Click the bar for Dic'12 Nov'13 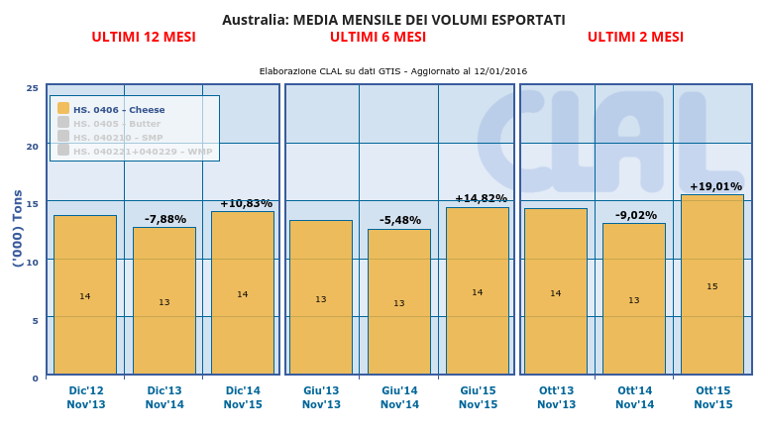85,294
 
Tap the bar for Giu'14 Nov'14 398,301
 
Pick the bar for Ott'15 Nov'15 711,284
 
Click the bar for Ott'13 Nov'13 555,291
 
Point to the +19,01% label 715,186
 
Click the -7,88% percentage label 165,219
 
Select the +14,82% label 481,198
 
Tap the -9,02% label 634,215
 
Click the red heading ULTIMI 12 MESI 144,38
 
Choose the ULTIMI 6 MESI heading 378,38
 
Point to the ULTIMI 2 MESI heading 635,38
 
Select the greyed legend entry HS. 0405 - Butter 116,124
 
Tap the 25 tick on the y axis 33,88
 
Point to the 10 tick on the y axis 33,262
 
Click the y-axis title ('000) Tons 18,228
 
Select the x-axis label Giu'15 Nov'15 478,397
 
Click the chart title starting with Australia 393,20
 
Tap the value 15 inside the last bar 712,286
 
